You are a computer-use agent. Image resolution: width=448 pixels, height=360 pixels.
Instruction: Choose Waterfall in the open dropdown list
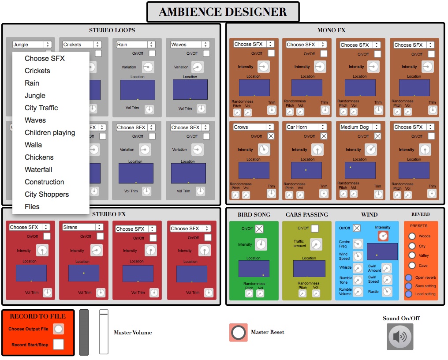38,169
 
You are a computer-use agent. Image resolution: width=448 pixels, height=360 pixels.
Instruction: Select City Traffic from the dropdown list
41,108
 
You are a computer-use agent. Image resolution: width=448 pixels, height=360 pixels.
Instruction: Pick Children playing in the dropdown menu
50,132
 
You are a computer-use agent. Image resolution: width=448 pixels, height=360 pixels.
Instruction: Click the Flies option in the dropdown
32,206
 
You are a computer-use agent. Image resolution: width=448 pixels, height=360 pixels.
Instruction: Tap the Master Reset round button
239,333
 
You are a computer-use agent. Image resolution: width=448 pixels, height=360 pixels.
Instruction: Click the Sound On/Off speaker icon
400,337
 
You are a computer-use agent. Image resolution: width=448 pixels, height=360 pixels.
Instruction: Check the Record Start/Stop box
58,345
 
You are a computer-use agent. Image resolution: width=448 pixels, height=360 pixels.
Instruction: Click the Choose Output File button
58,329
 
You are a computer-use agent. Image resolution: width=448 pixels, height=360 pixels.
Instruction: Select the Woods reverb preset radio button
412,236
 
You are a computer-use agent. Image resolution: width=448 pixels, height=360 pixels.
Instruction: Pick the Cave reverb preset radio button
412,266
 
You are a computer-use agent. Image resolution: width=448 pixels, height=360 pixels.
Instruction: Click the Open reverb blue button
409,277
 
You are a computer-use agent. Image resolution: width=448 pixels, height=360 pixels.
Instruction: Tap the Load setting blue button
409,294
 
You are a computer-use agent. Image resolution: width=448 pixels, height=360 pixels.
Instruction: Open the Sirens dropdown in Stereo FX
82,227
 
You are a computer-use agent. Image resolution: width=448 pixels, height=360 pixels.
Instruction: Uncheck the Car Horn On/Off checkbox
324,136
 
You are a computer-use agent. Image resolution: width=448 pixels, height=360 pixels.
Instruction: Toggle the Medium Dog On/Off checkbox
377,136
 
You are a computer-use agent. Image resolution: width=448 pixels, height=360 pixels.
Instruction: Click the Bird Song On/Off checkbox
259,229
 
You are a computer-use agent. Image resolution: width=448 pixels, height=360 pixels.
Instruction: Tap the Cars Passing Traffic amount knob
316,244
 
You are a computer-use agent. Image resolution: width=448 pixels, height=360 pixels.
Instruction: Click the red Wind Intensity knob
383,236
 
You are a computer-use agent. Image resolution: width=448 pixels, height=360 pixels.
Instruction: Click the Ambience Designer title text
223,12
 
